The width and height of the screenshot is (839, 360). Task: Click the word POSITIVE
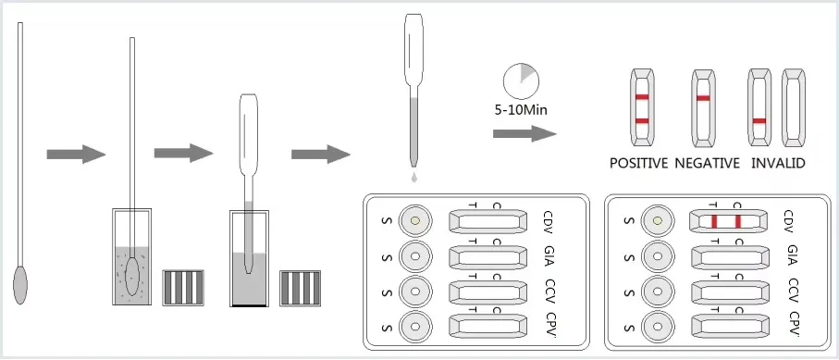pos(639,163)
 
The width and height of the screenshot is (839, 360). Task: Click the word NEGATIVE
pos(707,163)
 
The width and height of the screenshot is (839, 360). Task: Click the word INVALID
pos(778,163)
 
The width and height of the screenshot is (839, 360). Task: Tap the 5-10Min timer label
pos(521,111)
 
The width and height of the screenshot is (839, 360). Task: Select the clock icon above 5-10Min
pos(521,81)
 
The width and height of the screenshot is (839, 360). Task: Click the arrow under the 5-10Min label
pos(524,133)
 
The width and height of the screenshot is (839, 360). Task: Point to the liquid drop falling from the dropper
pos(414,177)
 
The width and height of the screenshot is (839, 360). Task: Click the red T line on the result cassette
pos(713,220)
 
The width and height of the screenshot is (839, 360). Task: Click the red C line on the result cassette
pos(738,220)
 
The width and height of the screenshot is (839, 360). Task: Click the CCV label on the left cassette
pos(551,292)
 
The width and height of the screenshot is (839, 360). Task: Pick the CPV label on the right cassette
pos(795,325)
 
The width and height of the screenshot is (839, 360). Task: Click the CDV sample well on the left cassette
pos(414,220)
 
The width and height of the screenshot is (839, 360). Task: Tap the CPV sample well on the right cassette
pos(657,325)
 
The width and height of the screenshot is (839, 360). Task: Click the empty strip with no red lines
pos(793,107)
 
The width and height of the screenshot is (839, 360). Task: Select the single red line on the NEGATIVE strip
pos(703,99)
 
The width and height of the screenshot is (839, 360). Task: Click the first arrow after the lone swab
pos(76,155)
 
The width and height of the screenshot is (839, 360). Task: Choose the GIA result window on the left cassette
pos(487,256)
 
